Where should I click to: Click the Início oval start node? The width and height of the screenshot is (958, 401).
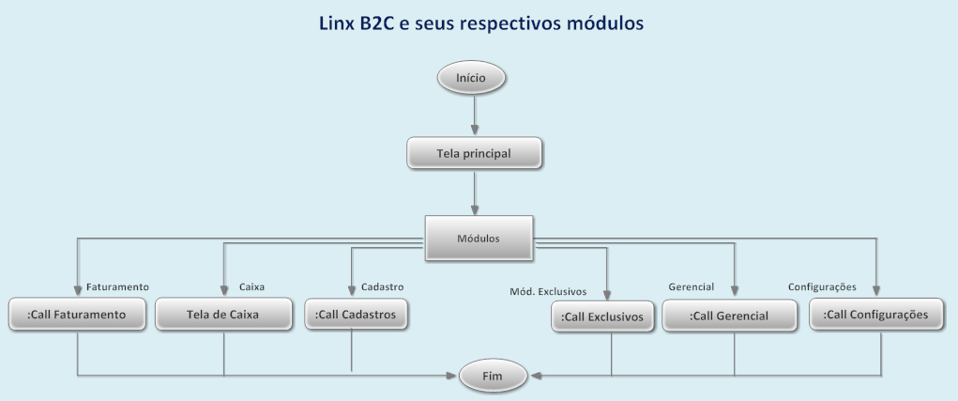(x=471, y=78)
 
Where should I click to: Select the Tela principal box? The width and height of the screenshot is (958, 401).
(x=475, y=152)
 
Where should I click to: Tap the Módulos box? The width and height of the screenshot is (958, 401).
(x=479, y=239)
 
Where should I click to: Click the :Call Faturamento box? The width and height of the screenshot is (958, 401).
(x=77, y=314)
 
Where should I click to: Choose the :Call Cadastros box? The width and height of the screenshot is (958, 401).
(x=357, y=314)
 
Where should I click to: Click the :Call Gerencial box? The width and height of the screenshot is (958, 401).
(x=729, y=316)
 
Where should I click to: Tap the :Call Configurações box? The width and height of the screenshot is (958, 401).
(x=875, y=315)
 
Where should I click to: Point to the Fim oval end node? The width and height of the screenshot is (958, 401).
(x=493, y=377)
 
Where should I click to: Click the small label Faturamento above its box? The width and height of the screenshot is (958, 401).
(x=118, y=286)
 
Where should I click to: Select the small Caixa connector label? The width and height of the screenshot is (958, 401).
(x=251, y=286)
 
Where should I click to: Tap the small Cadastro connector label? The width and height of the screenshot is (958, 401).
(x=382, y=286)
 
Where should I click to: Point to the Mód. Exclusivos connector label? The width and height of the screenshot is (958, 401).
(x=549, y=289)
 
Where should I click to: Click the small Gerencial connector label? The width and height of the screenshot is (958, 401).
(x=692, y=285)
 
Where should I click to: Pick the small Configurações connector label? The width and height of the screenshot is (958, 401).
(x=822, y=285)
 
